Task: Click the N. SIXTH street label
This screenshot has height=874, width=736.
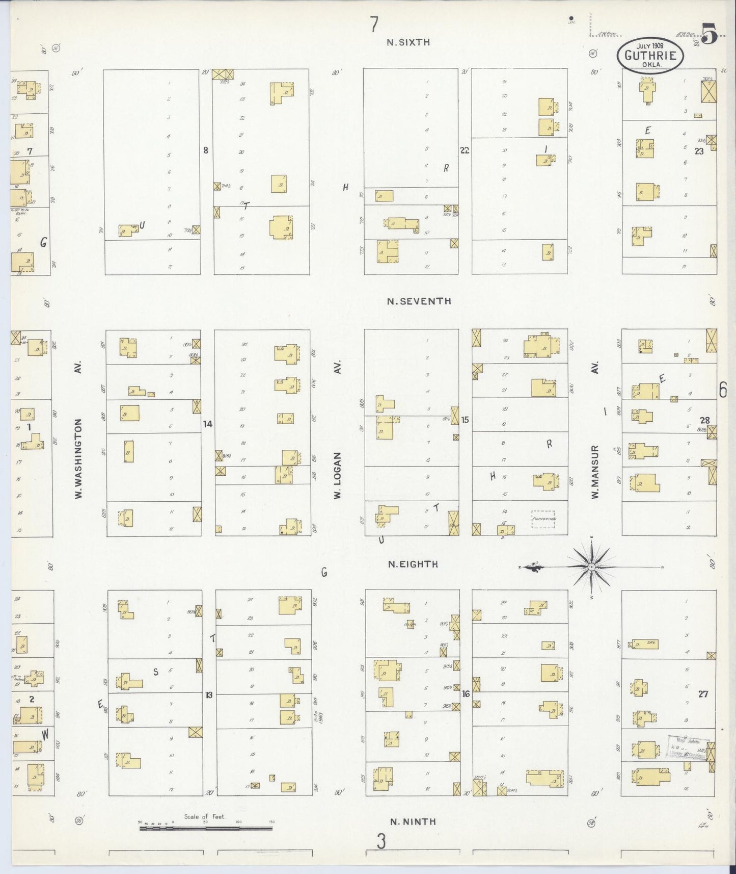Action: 408,43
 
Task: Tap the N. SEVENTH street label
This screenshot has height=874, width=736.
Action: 419,301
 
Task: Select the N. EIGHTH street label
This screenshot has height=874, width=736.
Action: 413,564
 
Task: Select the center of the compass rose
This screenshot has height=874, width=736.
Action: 591,567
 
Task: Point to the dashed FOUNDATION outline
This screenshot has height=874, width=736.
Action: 543,519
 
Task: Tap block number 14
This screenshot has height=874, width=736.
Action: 207,424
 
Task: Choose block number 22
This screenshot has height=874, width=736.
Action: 464,150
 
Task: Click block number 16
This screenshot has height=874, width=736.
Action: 466,694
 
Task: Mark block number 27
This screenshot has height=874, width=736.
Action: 703,694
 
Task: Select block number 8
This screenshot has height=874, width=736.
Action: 206,150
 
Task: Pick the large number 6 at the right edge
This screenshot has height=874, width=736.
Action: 722,390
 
